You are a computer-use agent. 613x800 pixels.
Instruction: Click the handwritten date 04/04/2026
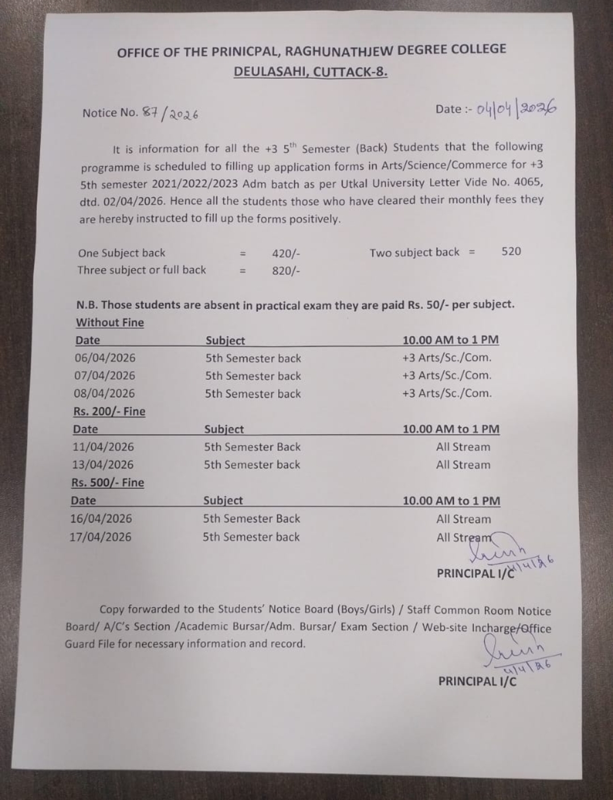click(515, 108)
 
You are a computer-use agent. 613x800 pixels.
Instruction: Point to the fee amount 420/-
click(285, 253)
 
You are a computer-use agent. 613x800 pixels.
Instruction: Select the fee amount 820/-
click(285, 270)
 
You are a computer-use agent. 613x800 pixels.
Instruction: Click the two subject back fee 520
click(511, 251)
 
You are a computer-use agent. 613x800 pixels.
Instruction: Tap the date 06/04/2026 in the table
click(105, 358)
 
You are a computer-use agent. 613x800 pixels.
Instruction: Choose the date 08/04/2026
click(104, 393)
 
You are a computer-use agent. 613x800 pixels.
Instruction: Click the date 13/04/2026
click(103, 464)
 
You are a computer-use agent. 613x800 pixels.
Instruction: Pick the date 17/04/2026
click(100, 536)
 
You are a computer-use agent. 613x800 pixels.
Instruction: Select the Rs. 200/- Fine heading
click(109, 411)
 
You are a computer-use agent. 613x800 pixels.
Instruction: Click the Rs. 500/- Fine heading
click(107, 482)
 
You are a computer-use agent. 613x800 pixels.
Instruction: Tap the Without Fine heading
click(110, 322)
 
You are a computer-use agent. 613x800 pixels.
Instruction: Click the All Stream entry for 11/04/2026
click(463, 447)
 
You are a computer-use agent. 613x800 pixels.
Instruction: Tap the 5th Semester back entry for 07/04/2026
click(253, 376)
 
